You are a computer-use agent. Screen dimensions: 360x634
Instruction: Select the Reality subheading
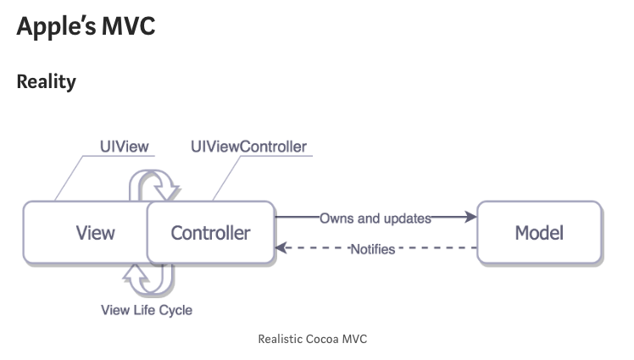point(46,82)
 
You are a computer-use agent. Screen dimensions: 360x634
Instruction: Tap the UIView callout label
point(124,147)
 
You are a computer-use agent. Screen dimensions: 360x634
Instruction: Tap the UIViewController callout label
point(248,147)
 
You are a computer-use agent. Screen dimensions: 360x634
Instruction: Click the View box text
point(95,232)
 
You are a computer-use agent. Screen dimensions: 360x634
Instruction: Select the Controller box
point(211,232)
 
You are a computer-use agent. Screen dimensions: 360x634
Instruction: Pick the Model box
point(539,232)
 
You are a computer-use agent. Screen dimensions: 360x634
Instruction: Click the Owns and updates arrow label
point(375,218)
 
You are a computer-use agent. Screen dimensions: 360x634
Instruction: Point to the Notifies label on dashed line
point(373,249)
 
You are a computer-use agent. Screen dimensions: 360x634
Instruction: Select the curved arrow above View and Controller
point(153,184)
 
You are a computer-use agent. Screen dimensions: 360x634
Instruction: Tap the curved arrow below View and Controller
point(149,278)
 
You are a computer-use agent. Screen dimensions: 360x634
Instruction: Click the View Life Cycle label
point(147,310)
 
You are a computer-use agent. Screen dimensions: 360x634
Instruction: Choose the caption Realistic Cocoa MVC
point(312,339)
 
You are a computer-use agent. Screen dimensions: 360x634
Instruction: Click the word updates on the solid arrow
point(406,218)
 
